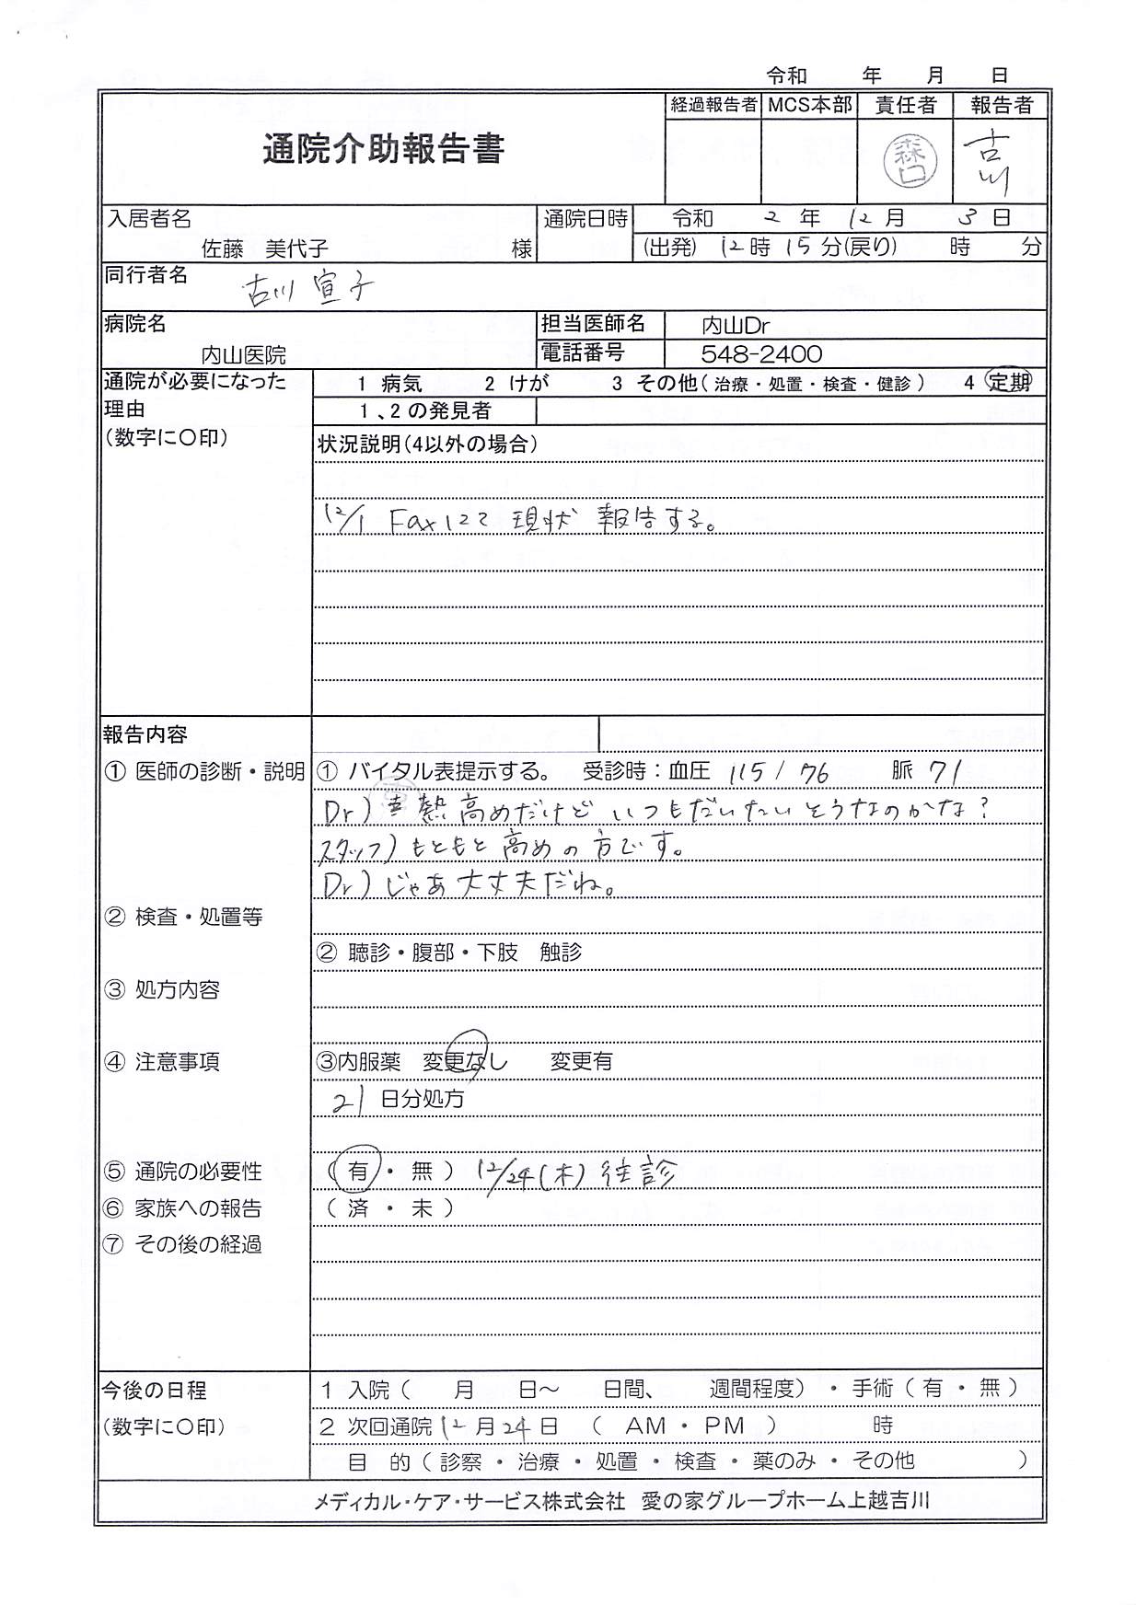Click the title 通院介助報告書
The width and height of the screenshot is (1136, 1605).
tap(383, 149)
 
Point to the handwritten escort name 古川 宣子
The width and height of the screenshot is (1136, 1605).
tap(307, 290)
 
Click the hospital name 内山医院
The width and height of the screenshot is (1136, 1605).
tap(243, 354)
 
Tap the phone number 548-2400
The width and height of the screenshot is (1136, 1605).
tap(761, 354)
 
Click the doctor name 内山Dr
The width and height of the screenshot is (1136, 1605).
tap(735, 326)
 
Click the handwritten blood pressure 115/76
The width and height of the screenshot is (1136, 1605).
tap(778, 773)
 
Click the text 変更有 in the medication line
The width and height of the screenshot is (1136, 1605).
tap(581, 1061)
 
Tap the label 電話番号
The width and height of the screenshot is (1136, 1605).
tap(584, 353)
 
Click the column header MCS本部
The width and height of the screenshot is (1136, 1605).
tap(809, 105)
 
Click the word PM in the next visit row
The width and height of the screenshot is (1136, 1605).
tap(724, 1426)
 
